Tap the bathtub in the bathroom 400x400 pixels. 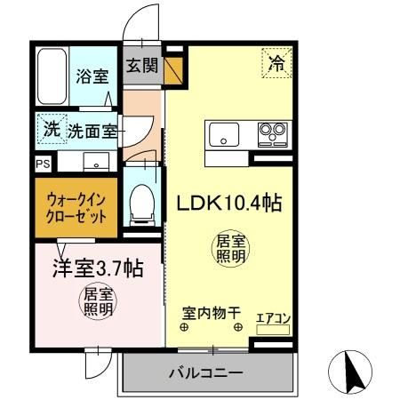pos(52,76)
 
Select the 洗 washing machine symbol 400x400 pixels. pos(52,128)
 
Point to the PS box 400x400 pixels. pos(43,164)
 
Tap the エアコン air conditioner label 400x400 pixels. pos(274,316)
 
